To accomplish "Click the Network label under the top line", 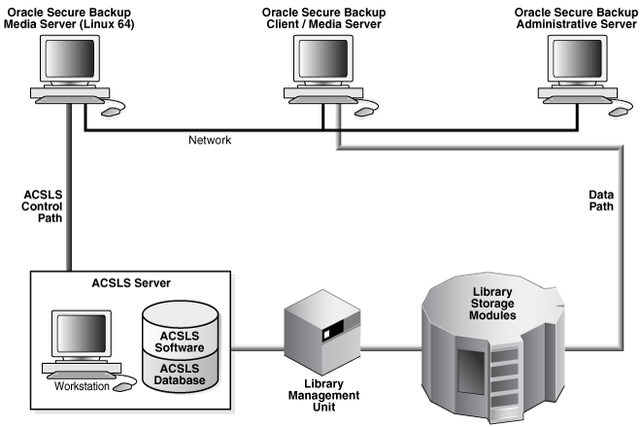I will coord(211,141).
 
